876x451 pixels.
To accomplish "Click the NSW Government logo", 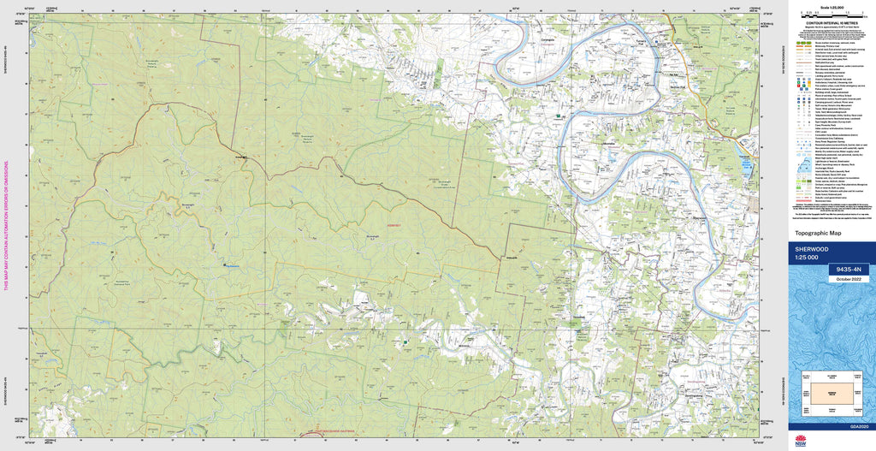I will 801,441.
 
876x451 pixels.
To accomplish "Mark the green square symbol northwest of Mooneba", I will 558,115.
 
